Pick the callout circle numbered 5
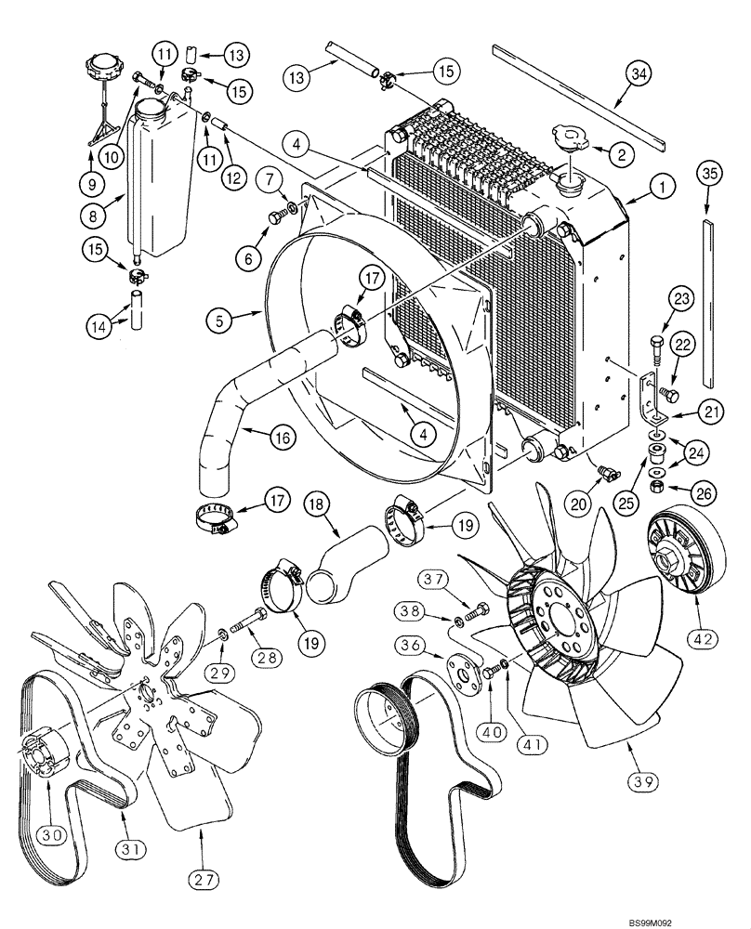tap(220, 322)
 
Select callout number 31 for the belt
tap(124, 820)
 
